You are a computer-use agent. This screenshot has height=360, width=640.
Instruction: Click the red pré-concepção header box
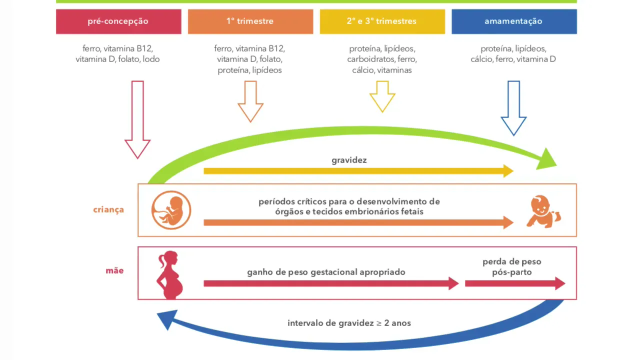point(118,21)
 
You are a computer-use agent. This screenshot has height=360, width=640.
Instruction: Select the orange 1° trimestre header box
point(250,21)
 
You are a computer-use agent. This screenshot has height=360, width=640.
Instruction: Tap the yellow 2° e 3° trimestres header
point(382,21)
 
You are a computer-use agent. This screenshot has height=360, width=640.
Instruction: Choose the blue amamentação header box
point(513,21)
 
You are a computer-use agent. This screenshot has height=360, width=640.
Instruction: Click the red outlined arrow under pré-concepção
point(137,120)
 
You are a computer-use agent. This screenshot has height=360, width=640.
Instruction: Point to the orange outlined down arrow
point(250,101)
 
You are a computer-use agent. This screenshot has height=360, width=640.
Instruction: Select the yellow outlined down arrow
point(382,96)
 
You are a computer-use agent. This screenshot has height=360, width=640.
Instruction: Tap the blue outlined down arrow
point(513,108)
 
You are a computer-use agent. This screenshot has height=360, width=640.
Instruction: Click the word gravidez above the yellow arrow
point(349,160)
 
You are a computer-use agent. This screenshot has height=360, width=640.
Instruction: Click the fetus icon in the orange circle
point(171,210)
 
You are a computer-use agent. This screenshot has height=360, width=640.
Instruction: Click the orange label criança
point(108,209)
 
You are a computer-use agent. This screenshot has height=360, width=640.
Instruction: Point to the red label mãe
point(114,271)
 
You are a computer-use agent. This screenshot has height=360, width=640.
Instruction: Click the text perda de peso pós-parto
point(511,267)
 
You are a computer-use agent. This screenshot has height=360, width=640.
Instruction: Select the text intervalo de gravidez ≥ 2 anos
point(349,323)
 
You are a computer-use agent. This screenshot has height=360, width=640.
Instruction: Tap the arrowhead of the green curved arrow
point(547,159)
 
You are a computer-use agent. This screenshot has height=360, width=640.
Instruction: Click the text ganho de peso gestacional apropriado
point(326,272)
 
